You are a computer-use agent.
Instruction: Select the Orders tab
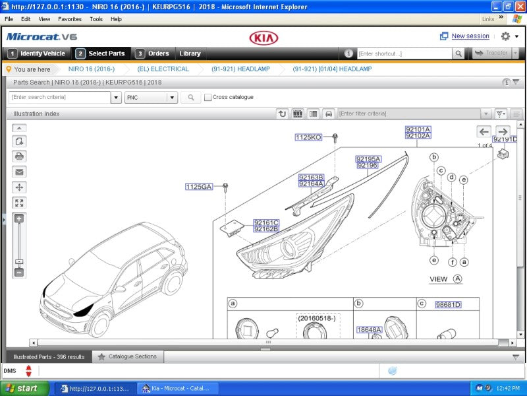coord(153,53)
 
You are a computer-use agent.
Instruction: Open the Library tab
coord(190,53)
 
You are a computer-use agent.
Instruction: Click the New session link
coord(470,36)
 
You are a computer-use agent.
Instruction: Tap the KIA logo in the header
coord(263,38)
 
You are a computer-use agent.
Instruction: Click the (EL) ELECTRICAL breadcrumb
coord(163,69)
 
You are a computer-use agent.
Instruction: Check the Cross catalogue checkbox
coord(208,98)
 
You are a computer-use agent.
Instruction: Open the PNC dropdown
coord(152,98)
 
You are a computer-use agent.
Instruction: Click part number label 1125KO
coord(308,137)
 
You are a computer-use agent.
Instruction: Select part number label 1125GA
coord(199,187)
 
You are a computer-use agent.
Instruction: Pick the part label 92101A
coord(418,129)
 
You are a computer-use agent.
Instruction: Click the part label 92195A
coord(368,159)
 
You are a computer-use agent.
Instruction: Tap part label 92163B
coord(311,177)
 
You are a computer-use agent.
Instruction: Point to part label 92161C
coord(266,222)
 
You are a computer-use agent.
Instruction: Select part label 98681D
coord(448,305)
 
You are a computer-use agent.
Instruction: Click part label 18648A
coord(369,329)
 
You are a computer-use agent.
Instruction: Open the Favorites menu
coord(70,19)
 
